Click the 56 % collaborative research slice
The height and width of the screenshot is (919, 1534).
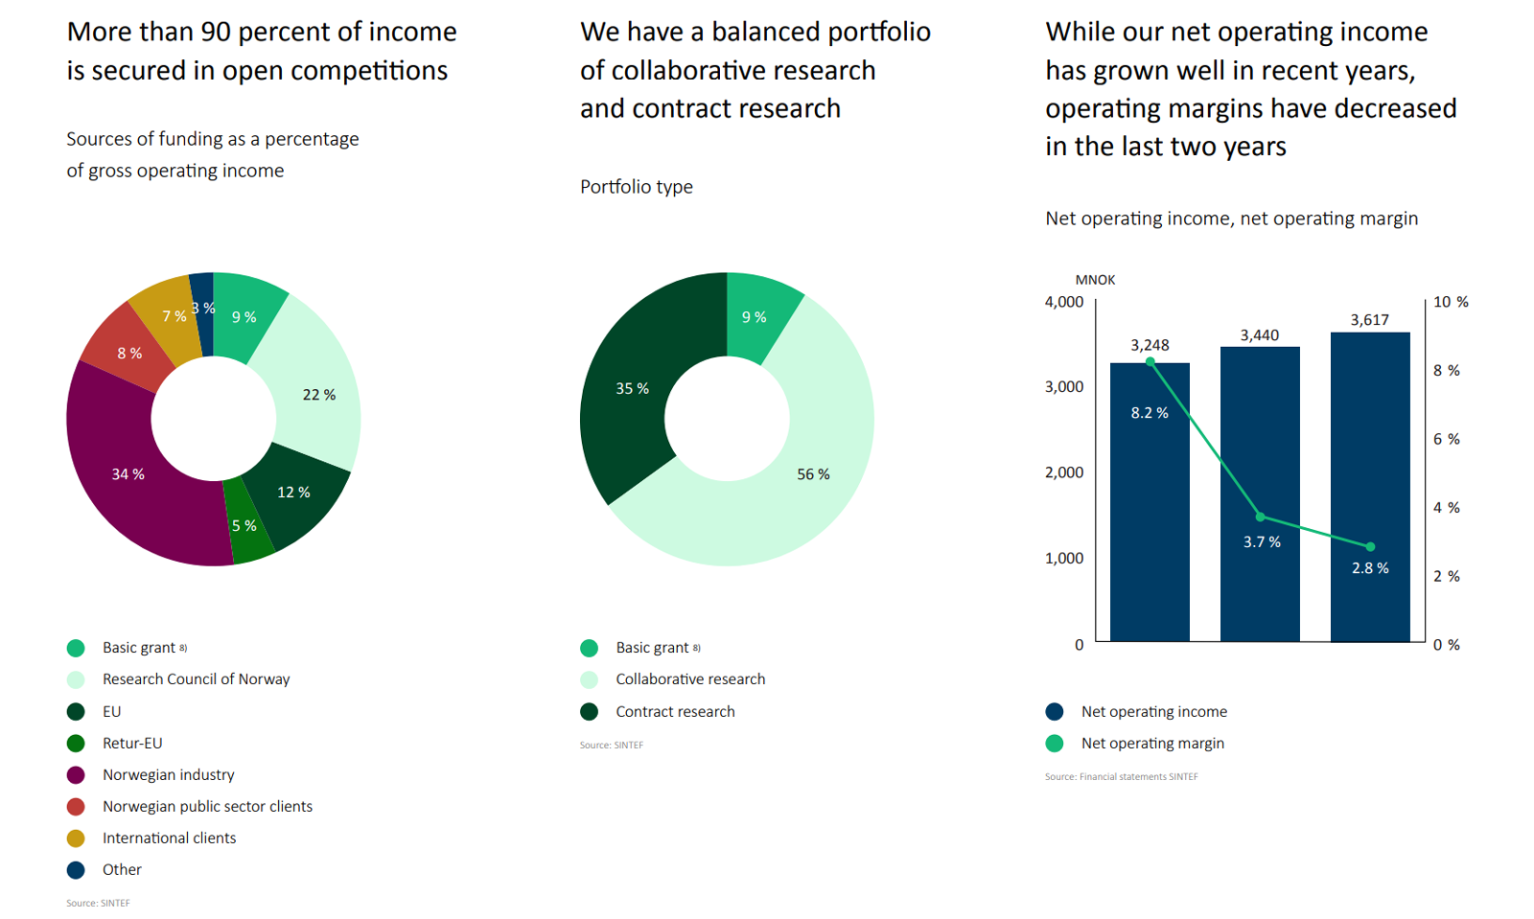point(786,498)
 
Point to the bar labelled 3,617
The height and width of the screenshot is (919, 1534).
point(1370,479)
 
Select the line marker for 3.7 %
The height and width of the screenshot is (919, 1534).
point(1260,517)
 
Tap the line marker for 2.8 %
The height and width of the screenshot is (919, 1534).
point(1370,547)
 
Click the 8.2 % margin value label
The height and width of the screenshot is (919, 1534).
point(1150,413)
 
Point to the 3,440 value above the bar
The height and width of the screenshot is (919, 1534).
point(1259,335)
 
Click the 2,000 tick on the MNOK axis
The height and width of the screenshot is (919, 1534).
point(1064,472)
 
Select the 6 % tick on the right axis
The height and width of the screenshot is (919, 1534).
point(1446,439)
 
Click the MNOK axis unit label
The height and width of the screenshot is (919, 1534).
point(1095,280)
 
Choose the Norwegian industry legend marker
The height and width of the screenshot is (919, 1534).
point(76,775)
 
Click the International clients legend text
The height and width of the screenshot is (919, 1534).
point(169,839)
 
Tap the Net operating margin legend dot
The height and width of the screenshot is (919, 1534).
point(1055,744)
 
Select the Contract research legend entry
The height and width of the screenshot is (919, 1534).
point(675,712)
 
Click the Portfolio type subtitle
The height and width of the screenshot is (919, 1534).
point(636,187)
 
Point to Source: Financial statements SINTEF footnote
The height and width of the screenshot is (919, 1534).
point(1121,777)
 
